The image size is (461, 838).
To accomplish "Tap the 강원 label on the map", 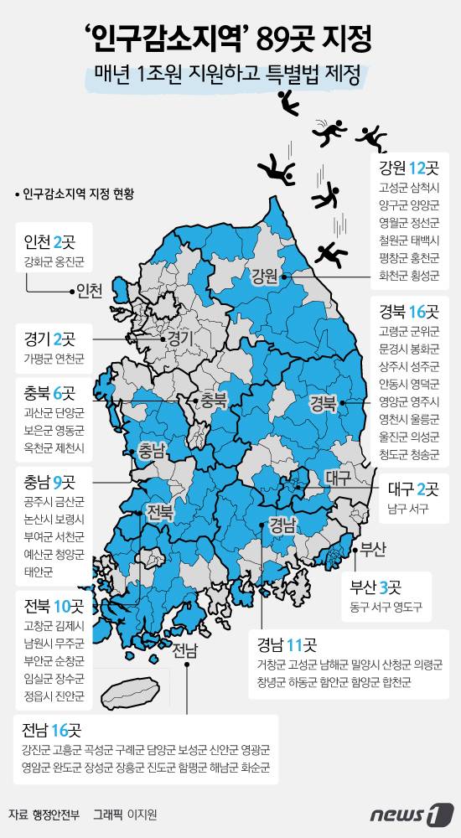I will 264,277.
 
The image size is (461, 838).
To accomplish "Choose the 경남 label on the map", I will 282,526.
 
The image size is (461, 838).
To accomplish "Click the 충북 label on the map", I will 214,401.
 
